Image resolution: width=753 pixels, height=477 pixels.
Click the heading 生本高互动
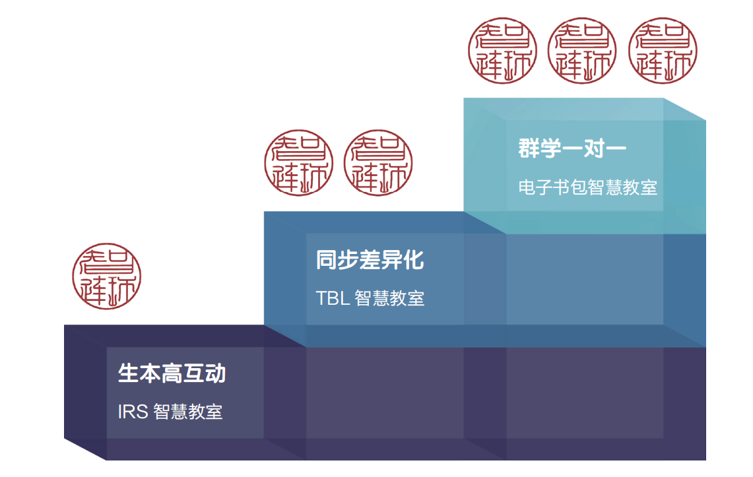[172, 373]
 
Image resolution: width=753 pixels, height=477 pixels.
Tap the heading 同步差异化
[370, 260]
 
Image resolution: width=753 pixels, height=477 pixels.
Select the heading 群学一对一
[572, 148]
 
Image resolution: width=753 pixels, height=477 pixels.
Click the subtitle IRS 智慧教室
[170, 412]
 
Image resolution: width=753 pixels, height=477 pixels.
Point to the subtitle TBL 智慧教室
[370, 298]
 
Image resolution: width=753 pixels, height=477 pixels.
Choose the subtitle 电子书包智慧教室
[587, 187]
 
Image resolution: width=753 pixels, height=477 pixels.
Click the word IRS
[132, 412]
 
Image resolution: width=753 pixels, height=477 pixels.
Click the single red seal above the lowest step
[107, 277]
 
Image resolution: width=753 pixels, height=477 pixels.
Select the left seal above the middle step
[298, 163]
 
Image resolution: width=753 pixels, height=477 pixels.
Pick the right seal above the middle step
[378, 163]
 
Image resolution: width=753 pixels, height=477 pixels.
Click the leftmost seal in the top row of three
[502, 51]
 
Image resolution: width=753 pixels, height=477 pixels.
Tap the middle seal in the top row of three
[582, 51]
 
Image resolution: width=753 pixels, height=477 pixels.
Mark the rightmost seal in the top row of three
[662, 51]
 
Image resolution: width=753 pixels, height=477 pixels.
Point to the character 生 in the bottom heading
[129, 373]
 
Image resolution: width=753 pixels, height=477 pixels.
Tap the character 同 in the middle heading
[327, 260]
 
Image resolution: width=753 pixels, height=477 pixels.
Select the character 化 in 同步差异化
[413, 260]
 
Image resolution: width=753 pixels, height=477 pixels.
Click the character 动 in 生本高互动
[215, 373]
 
